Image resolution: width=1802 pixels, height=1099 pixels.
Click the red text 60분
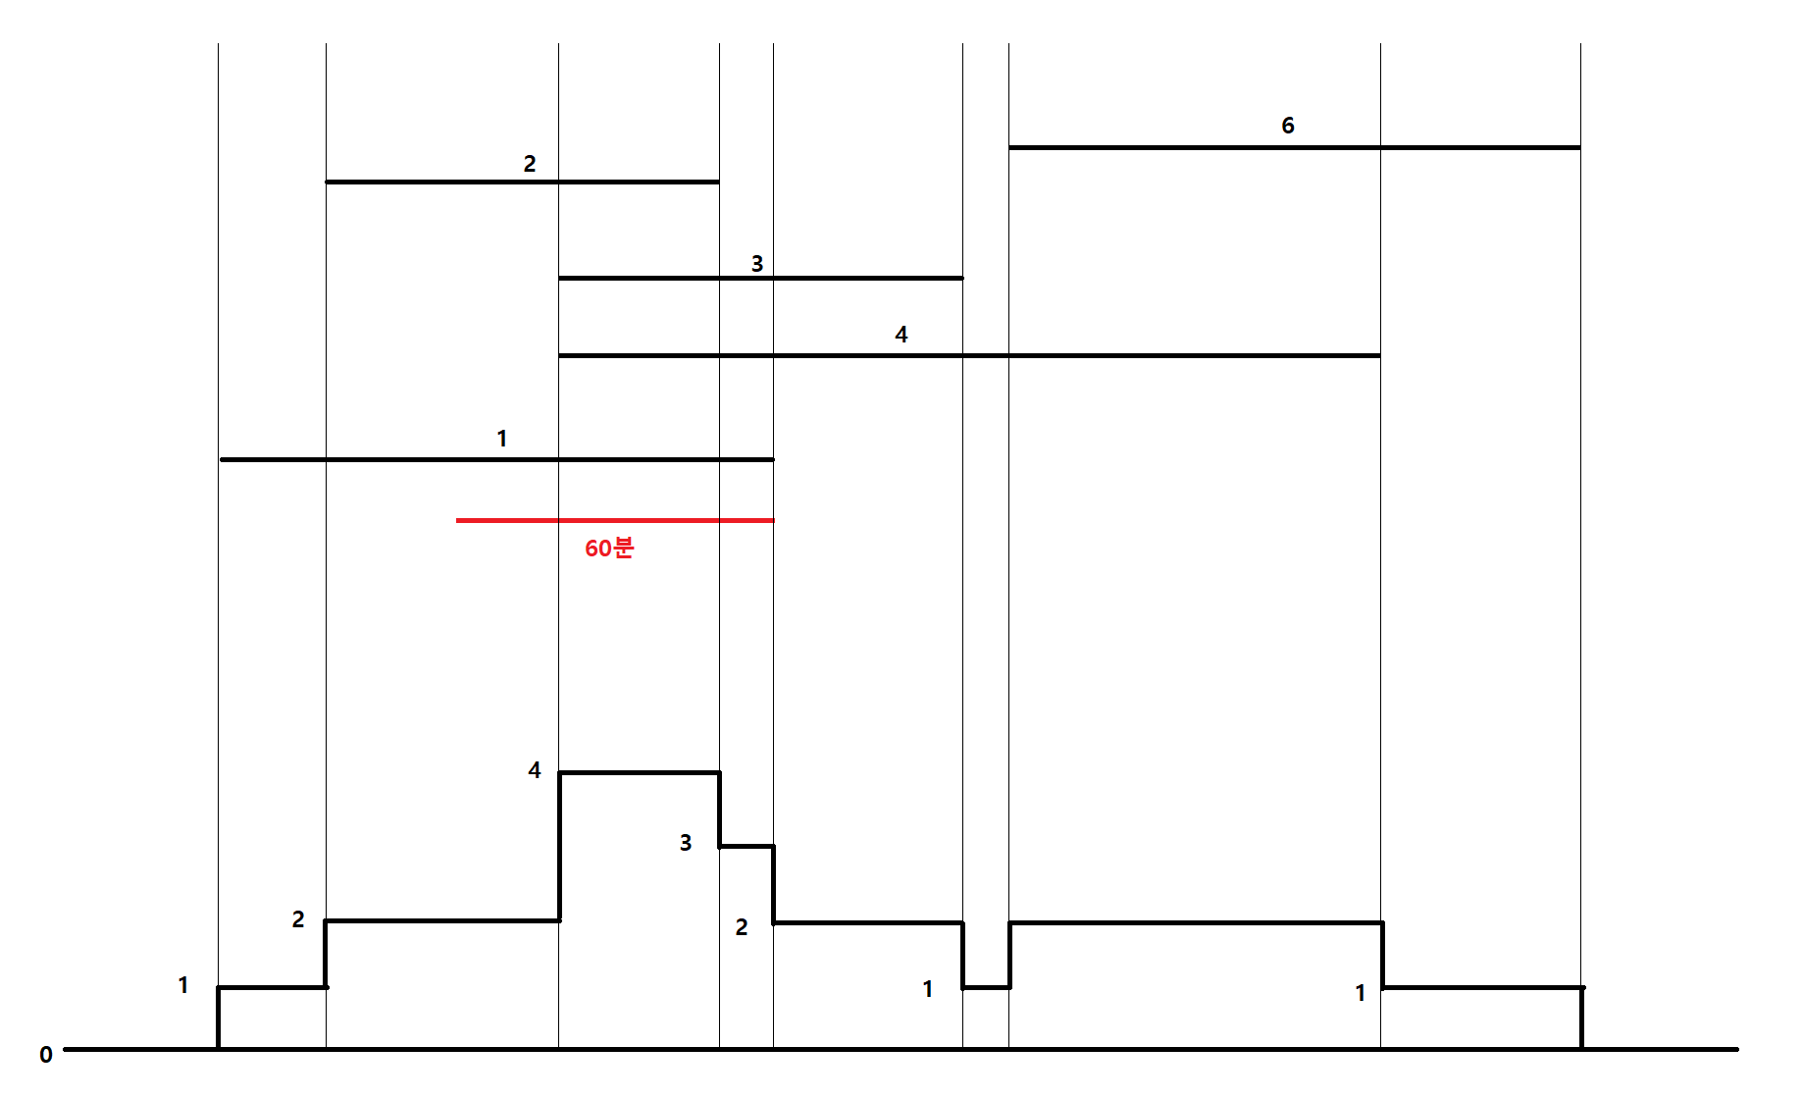(x=609, y=548)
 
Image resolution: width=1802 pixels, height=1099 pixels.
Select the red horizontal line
(x=614, y=520)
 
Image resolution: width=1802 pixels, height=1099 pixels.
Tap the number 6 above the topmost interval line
(x=1288, y=126)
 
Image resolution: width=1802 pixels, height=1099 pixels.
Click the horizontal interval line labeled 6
(x=1294, y=148)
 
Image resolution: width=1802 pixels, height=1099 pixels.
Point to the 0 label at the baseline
(x=46, y=1055)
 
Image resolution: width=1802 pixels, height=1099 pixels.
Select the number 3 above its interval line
(x=757, y=264)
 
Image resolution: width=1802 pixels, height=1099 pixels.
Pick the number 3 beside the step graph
(x=686, y=843)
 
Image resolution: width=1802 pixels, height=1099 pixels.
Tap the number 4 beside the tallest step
(x=535, y=770)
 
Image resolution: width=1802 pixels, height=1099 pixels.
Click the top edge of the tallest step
(x=640, y=773)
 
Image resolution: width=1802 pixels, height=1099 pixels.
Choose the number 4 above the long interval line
(x=901, y=335)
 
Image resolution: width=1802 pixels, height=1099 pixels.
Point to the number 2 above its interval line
(x=530, y=164)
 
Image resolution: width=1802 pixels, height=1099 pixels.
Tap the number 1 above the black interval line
(x=502, y=439)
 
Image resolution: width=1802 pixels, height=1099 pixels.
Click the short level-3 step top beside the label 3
(x=747, y=846)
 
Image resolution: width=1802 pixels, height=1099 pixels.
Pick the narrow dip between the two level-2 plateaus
(x=986, y=987)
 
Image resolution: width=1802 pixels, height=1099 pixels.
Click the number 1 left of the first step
(x=183, y=985)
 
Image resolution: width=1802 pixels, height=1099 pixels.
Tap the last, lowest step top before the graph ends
(x=1482, y=987)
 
